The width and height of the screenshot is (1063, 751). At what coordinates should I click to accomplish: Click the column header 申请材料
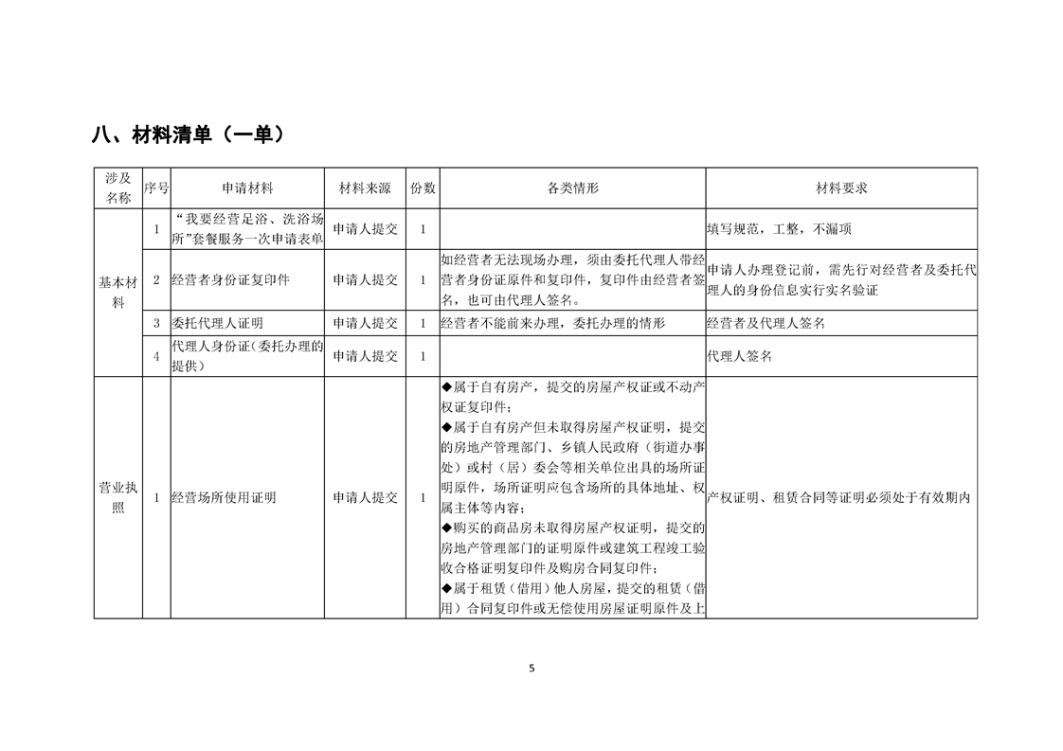click(247, 188)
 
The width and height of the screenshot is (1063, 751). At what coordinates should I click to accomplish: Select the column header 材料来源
click(365, 188)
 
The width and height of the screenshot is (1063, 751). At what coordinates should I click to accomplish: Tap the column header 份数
click(423, 188)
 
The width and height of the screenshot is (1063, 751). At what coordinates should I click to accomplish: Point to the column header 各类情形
click(573, 188)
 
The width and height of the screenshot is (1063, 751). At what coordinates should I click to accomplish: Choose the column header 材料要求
click(841, 188)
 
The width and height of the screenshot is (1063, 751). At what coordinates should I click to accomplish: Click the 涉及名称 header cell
click(118, 188)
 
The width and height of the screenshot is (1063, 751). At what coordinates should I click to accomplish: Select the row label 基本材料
click(118, 292)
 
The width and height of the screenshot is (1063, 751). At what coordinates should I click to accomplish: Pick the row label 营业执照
click(118, 497)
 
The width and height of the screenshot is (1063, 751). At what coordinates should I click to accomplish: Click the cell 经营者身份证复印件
click(230, 280)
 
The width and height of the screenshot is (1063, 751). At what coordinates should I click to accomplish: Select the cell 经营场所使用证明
click(224, 497)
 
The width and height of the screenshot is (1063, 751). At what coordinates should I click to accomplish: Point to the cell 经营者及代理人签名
click(766, 323)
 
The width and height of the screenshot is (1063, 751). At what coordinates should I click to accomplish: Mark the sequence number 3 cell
click(156, 323)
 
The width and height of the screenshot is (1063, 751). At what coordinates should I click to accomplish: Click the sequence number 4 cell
click(156, 356)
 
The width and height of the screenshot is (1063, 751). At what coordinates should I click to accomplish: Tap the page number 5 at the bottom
click(531, 668)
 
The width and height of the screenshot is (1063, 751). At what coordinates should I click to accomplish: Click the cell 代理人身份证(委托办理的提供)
click(247, 356)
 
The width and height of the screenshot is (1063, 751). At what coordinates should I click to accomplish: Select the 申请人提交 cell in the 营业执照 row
click(365, 497)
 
